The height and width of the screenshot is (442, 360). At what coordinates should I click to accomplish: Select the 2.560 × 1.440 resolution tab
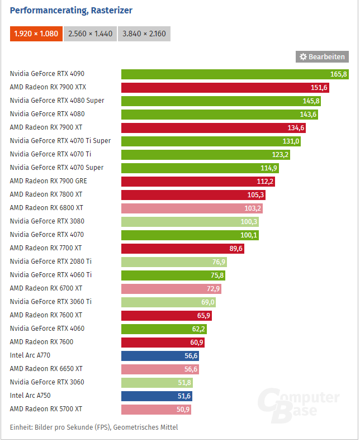[90, 34]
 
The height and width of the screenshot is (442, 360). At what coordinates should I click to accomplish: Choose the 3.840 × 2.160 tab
[144, 34]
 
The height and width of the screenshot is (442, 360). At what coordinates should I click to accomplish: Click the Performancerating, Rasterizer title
[71, 10]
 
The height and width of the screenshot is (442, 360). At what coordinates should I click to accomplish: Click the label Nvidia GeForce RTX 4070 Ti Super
[60, 141]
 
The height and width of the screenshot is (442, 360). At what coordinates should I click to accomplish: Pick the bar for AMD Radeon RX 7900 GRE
[198, 181]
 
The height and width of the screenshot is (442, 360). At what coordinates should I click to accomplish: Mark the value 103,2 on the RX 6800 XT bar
[253, 208]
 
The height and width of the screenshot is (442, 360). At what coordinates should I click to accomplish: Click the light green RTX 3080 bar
[190, 221]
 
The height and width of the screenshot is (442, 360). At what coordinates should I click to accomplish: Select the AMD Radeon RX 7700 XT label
[46, 248]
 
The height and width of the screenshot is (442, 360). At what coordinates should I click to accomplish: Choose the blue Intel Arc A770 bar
[160, 355]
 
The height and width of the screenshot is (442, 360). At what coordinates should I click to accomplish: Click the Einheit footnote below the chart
[94, 427]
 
